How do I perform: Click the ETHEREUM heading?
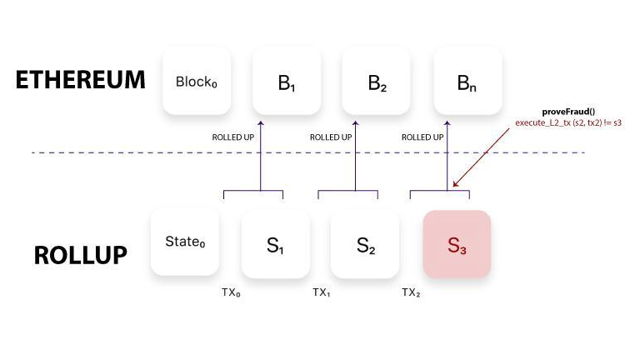80,80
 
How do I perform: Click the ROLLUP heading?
80,255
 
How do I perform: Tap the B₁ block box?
286,81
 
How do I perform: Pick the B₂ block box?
376,81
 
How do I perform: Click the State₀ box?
184,243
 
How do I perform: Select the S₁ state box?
275,244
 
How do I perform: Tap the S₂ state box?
365,244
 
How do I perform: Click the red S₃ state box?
457,244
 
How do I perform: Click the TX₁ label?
322,292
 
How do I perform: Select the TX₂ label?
411,292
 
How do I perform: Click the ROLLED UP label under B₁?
236,137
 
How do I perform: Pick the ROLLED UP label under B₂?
329,137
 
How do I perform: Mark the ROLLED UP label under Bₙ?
421,137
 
